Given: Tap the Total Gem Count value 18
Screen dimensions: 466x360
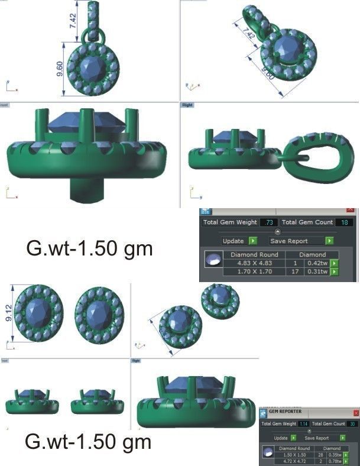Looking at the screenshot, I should pos(343,222).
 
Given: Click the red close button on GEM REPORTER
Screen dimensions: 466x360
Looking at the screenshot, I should pos(356,413).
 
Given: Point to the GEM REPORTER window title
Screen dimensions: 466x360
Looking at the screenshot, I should pos(286,413).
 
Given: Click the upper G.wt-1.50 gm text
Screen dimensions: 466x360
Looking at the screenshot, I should pos(89,248).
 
